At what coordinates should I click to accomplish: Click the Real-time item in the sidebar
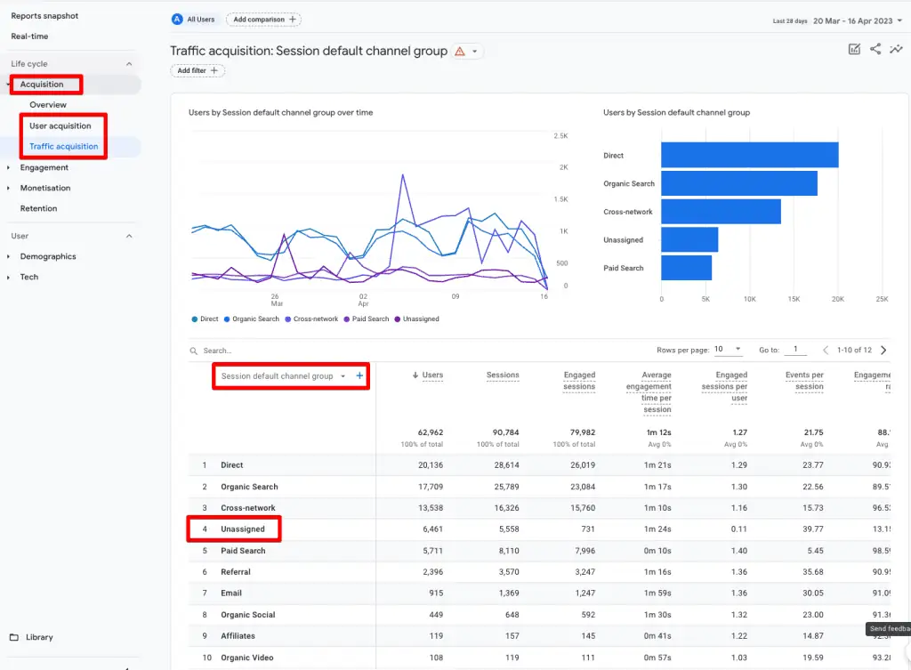coord(29,36)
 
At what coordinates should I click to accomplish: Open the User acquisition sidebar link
coord(60,125)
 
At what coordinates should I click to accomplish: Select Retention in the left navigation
coord(38,208)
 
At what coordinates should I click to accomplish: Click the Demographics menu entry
coord(48,256)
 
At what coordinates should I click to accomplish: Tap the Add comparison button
coord(263,20)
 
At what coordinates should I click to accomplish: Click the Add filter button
coord(198,70)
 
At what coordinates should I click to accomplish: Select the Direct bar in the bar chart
coord(749,155)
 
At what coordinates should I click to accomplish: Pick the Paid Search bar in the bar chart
coord(686,268)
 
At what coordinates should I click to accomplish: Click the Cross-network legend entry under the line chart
coord(315,319)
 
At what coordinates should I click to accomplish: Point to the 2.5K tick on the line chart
coord(560,135)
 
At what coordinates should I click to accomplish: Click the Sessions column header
coord(503,375)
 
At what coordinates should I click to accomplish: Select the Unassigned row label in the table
coord(243,529)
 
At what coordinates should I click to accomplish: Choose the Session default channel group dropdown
coord(282,376)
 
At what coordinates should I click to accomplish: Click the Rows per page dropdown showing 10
coord(727,350)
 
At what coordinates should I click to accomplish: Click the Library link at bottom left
coord(39,637)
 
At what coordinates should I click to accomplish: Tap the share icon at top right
coord(875,50)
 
